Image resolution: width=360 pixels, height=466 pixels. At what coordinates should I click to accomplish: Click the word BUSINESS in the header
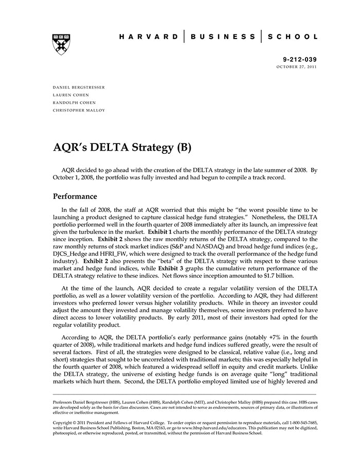(x=223, y=37)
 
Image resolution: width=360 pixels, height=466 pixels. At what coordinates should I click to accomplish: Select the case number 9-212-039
(x=300, y=60)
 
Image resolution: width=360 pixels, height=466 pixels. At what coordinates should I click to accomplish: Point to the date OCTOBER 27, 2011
(x=297, y=67)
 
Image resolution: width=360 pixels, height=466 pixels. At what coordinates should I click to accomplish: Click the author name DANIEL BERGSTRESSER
(x=79, y=87)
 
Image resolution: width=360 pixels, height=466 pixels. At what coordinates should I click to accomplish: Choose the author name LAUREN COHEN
(x=70, y=95)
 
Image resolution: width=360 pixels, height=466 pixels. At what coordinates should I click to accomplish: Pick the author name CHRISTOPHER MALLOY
(x=79, y=110)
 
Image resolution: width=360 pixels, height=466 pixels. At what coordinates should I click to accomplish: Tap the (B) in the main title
(x=183, y=148)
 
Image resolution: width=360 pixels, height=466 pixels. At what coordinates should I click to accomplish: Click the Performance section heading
(x=75, y=196)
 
